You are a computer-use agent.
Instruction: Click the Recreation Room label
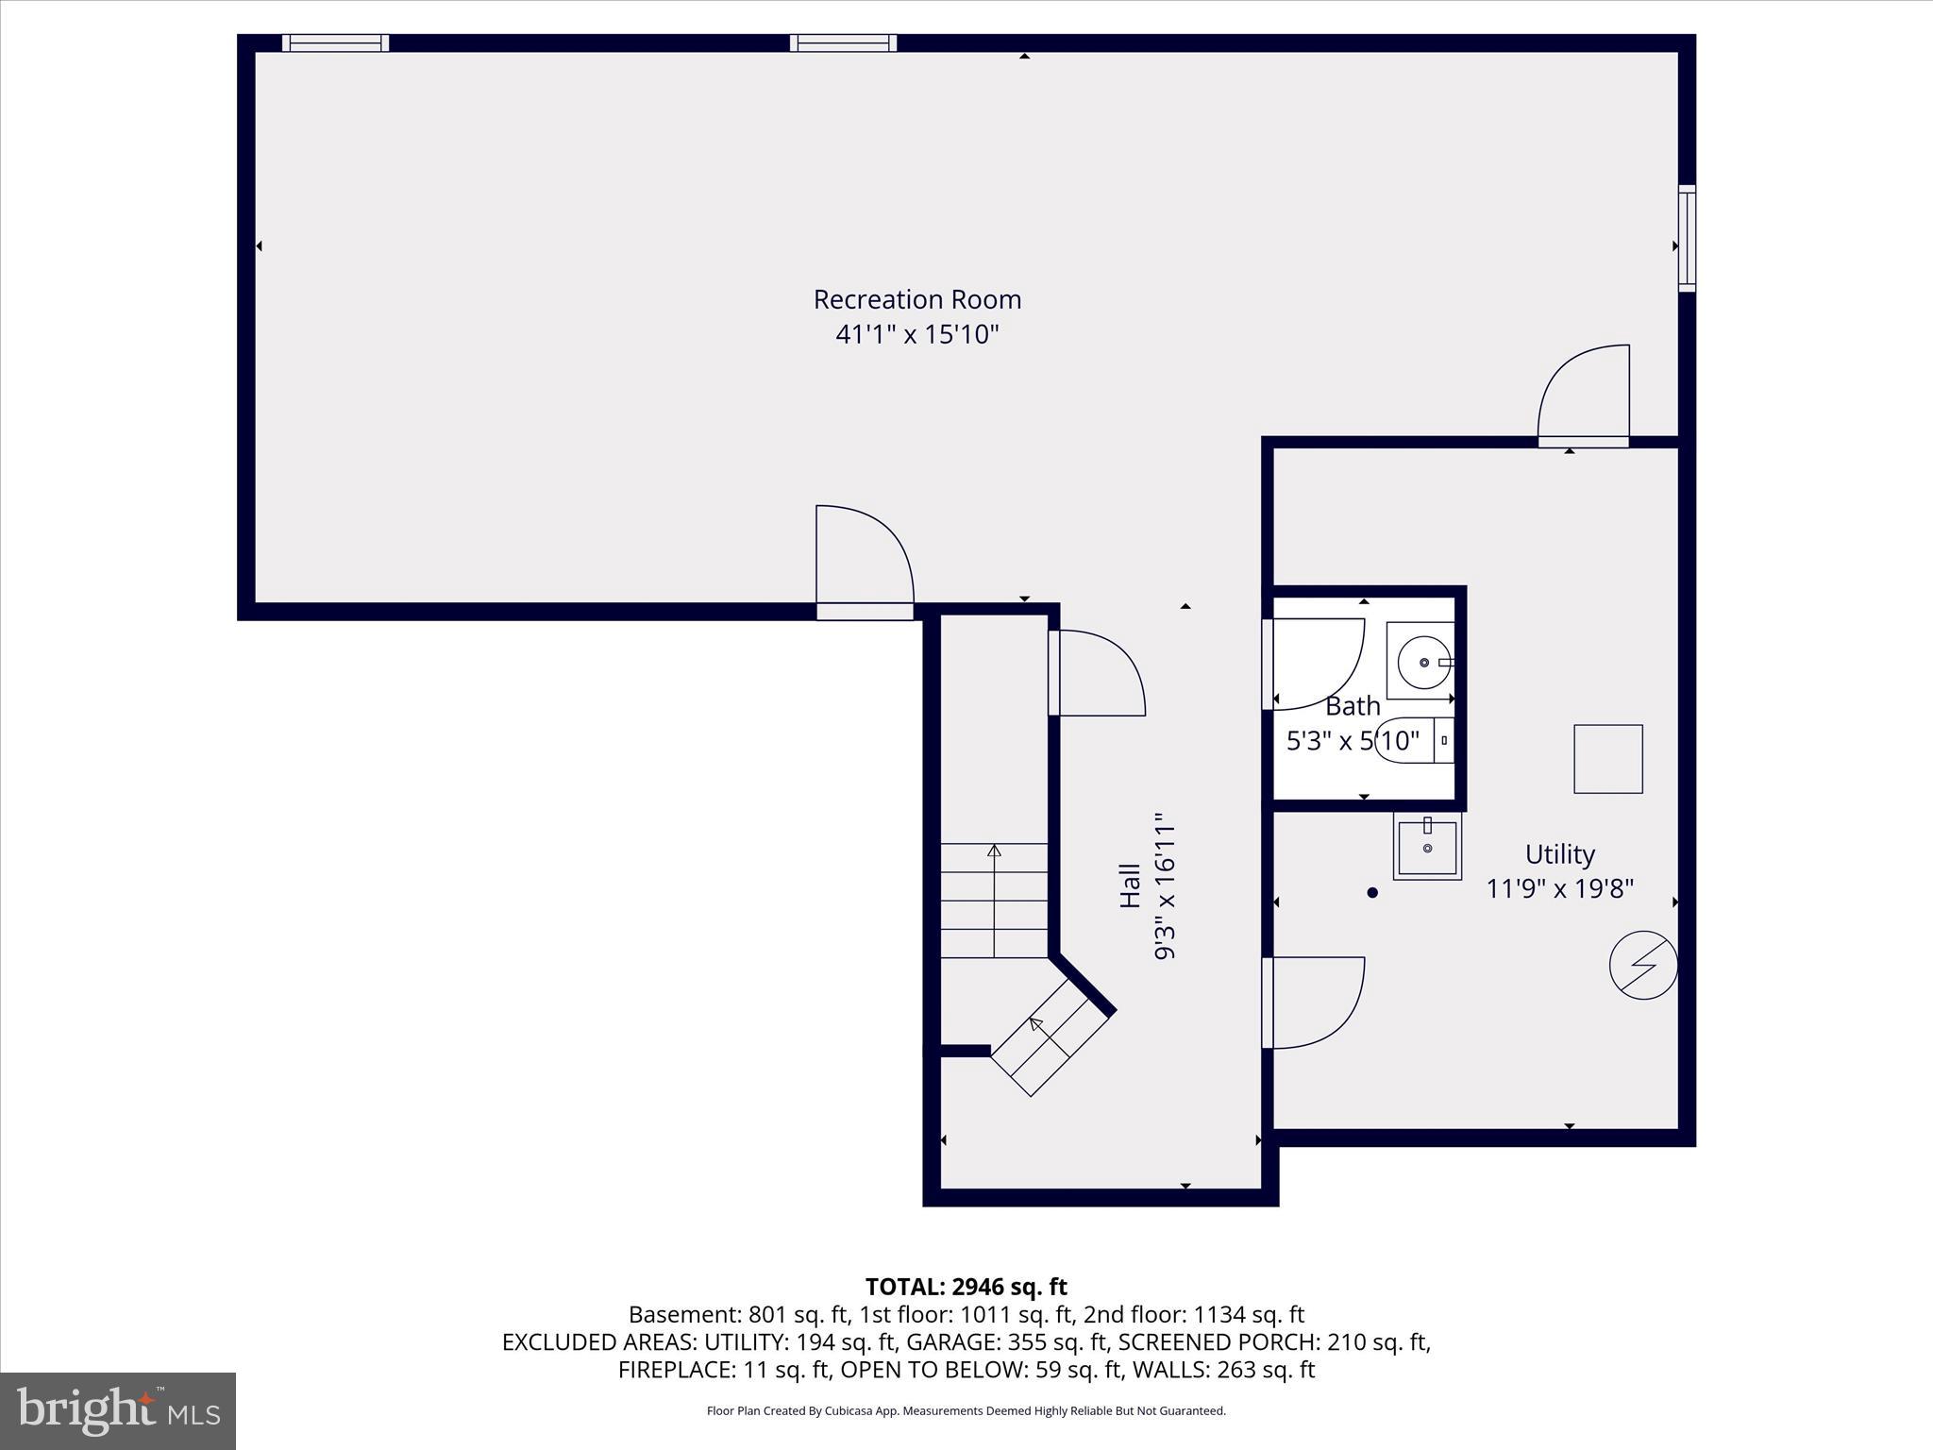[x=916, y=299]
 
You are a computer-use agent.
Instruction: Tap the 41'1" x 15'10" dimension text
[x=916, y=334]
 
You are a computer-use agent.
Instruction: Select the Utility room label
[x=1559, y=854]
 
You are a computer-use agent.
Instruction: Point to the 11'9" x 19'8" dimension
[x=1559, y=889]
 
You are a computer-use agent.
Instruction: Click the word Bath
[x=1353, y=706]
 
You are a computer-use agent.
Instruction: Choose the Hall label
[x=1130, y=886]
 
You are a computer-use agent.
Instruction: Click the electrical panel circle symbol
[x=1643, y=966]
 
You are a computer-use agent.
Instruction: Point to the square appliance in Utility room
[x=1607, y=759]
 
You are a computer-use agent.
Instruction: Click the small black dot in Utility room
[x=1372, y=892]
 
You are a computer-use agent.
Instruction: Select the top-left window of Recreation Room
[x=335, y=42]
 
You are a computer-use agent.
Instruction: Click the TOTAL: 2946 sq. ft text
[x=966, y=1287]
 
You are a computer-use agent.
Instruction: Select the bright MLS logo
[x=118, y=1411]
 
